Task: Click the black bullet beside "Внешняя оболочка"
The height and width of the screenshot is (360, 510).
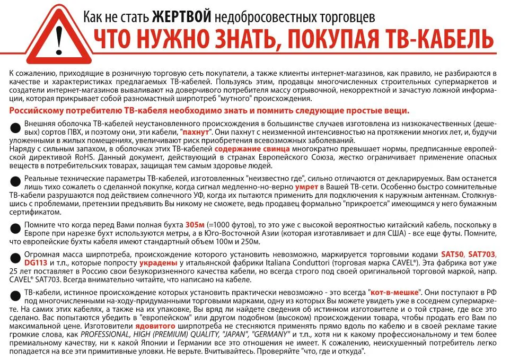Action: [15, 126]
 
